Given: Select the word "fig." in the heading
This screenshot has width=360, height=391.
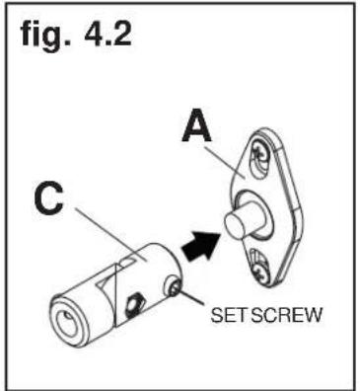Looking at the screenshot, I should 43,38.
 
